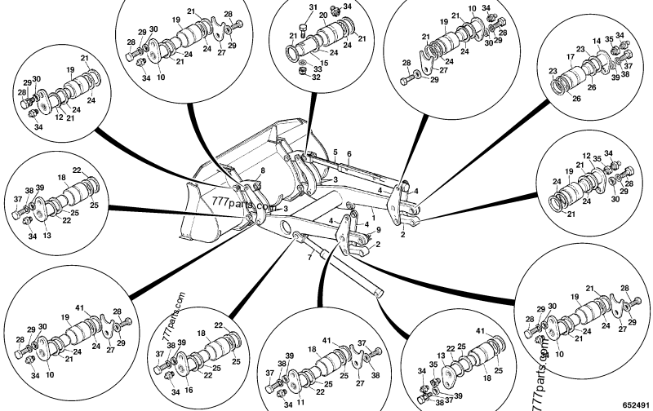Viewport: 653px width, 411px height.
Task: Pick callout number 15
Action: [325, 63]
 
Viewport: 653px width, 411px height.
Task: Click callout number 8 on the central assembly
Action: [263, 170]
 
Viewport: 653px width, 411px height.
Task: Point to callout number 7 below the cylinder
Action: [309, 258]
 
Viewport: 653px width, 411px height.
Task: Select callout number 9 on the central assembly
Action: [378, 231]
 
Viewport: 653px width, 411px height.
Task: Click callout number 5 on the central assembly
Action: [335, 152]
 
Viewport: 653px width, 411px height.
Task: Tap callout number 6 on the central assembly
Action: [349, 153]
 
